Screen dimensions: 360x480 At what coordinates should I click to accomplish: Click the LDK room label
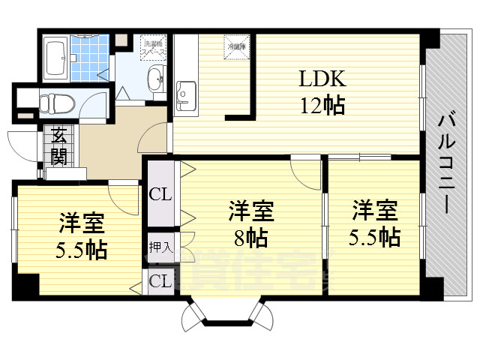[323, 79]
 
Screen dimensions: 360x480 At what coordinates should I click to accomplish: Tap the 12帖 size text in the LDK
[323, 106]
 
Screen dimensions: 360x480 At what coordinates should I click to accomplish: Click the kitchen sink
[184, 94]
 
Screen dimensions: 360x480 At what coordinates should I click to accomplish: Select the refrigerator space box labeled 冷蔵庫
[236, 46]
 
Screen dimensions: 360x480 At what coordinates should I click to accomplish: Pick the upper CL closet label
[160, 194]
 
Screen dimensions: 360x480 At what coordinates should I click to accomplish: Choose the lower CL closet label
[159, 281]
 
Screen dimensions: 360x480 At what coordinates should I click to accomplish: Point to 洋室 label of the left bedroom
[82, 223]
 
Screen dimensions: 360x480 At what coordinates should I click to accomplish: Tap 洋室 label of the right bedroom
[373, 208]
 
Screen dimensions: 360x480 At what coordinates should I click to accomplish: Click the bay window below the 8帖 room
[223, 313]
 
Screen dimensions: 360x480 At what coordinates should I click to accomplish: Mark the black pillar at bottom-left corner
[26, 287]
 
